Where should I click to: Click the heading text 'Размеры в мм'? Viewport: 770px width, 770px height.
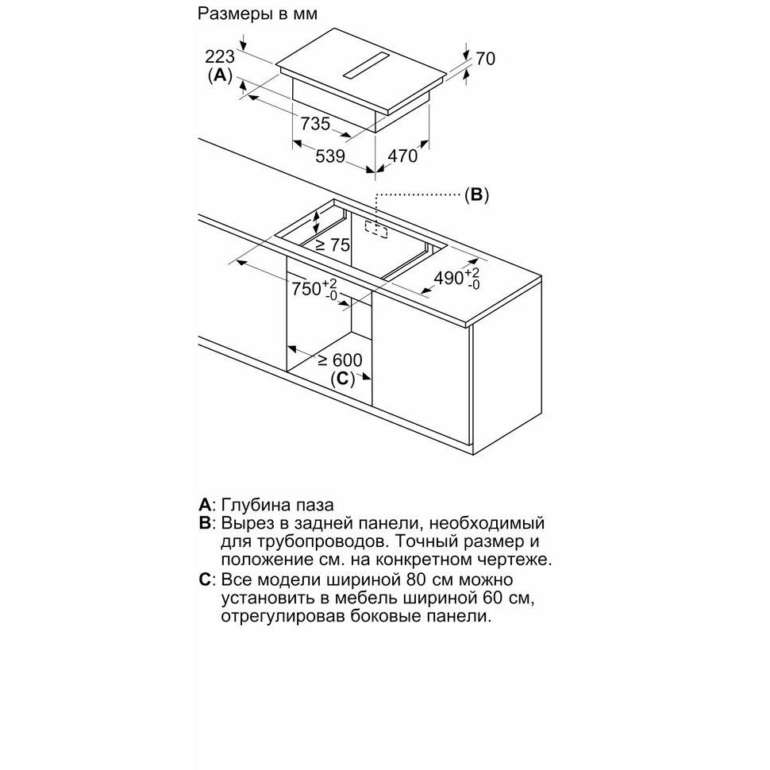click(257, 13)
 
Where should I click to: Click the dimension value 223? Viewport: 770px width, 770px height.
click(220, 57)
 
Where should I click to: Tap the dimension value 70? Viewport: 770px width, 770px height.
click(485, 59)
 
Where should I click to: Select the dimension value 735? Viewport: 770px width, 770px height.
click(315, 123)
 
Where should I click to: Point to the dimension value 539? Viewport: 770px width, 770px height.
click(330, 156)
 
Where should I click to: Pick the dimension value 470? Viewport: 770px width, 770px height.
click(402, 156)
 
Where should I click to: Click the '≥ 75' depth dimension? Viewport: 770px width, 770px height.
click(332, 244)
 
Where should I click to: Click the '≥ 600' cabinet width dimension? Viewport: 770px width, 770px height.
click(339, 360)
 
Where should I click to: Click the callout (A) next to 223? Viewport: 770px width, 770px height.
click(220, 75)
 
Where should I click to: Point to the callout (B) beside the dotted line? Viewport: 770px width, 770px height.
click(477, 195)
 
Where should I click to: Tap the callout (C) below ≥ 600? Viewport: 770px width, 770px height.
click(342, 379)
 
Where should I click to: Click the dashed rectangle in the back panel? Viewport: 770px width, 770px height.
click(376, 229)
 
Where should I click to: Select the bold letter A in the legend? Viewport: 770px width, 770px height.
click(204, 505)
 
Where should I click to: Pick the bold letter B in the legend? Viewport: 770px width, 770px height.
click(205, 523)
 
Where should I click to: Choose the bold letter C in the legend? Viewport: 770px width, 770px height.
click(205, 580)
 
